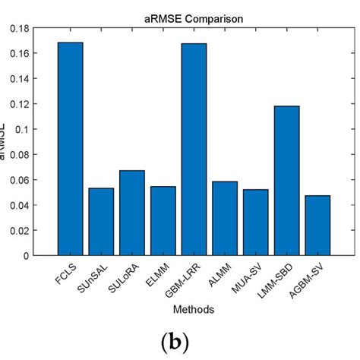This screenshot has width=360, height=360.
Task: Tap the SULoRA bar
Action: [x=132, y=213]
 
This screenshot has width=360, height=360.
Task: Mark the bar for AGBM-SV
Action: [x=317, y=226]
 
